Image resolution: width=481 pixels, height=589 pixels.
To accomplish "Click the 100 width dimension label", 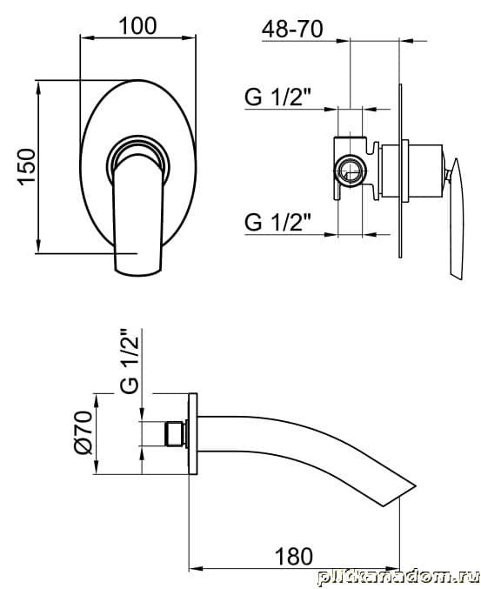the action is pyautogui.click(x=137, y=26).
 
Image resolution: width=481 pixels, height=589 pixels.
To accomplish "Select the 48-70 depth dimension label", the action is pyautogui.click(x=292, y=29).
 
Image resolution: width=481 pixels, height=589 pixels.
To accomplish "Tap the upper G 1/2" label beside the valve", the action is pyautogui.click(x=278, y=97).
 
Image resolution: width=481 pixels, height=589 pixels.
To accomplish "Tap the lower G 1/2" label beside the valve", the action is pyautogui.click(x=278, y=222).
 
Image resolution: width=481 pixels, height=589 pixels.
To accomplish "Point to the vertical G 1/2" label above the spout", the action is pyautogui.click(x=130, y=361).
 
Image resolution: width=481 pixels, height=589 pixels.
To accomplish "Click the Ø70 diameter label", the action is pyautogui.click(x=84, y=432).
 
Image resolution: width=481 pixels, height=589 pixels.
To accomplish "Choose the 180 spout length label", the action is pyautogui.click(x=294, y=556).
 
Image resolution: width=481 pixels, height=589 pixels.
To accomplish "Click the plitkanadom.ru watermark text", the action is pyautogui.click(x=398, y=578).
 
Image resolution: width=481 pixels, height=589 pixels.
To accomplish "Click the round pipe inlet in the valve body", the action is pyautogui.click(x=350, y=170).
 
